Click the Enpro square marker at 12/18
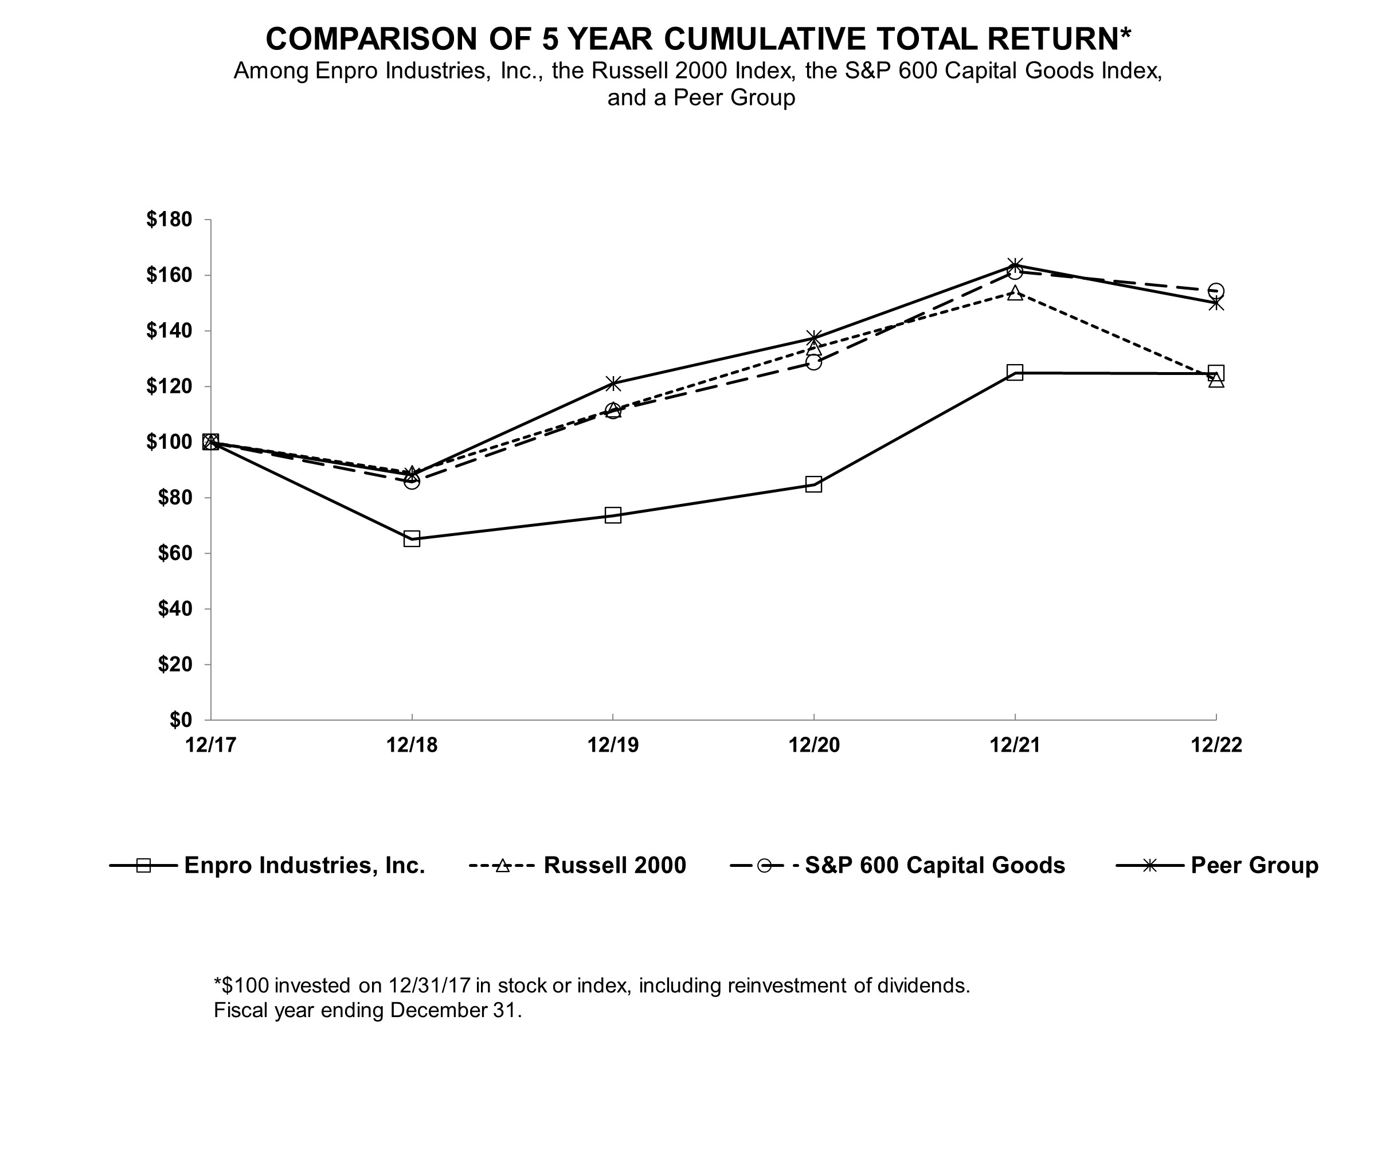(x=412, y=539)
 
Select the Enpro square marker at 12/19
(x=613, y=515)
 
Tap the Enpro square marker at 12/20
(x=813, y=484)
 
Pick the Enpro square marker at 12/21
(x=1015, y=372)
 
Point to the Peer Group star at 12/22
(x=1215, y=303)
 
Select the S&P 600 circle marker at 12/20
(x=813, y=362)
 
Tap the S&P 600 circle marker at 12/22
(x=1215, y=291)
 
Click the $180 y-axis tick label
(x=169, y=220)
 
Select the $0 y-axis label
(x=180, y=720)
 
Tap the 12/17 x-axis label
(x=211, y=745)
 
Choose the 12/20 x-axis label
(x=813, y=745)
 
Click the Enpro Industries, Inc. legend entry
(x=304, y=866)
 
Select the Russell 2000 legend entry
(x=614, y=866)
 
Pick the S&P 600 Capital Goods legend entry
(x=934, y=866)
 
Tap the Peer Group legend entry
(x=1254, y=866)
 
